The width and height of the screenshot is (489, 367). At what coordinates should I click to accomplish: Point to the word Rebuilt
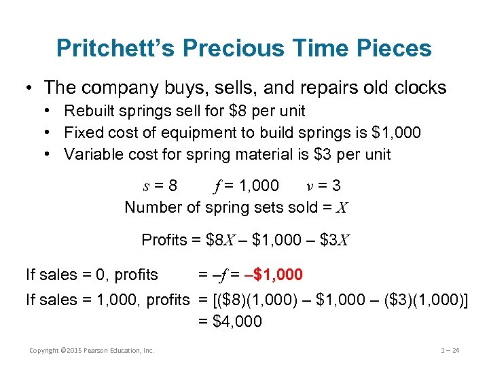coord(90,111)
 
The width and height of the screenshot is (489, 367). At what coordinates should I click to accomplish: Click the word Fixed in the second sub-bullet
coord(81,133)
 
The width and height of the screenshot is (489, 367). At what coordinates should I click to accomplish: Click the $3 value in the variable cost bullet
coord(321,154)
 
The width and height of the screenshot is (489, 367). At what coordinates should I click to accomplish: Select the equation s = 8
coord(158,186)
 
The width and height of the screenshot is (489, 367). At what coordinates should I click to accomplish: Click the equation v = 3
coord(322,186)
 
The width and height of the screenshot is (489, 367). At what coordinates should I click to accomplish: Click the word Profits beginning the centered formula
coord(164,240)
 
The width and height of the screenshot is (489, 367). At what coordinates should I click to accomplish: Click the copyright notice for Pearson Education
coord(92,351)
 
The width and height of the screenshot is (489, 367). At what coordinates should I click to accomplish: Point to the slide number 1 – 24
coord(450,351)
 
